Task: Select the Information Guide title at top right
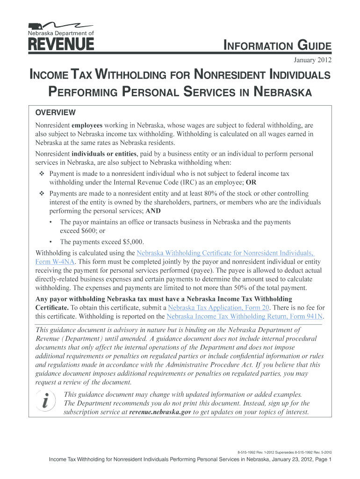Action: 278,46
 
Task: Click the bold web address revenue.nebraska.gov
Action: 160,412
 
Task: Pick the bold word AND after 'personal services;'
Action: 153,211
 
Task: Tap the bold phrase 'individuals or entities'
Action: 104,154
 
